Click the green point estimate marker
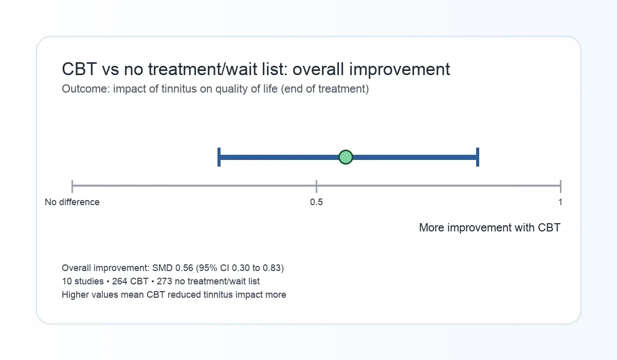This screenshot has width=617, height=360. click(x=346, y=157)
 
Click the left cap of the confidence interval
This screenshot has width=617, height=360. click(x=219, y=157)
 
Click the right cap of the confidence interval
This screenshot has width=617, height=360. click(x=478, y=157)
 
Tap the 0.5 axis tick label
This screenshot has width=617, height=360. click(x=316, y=202)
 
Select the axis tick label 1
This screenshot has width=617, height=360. click(x=560, y=202)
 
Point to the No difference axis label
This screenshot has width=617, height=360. click(x=72, y=202)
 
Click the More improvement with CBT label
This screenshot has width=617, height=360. click(x=489, y=227)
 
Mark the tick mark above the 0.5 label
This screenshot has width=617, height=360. click(x=316, y=186)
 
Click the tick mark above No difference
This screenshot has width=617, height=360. click(x=72, y=186)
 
